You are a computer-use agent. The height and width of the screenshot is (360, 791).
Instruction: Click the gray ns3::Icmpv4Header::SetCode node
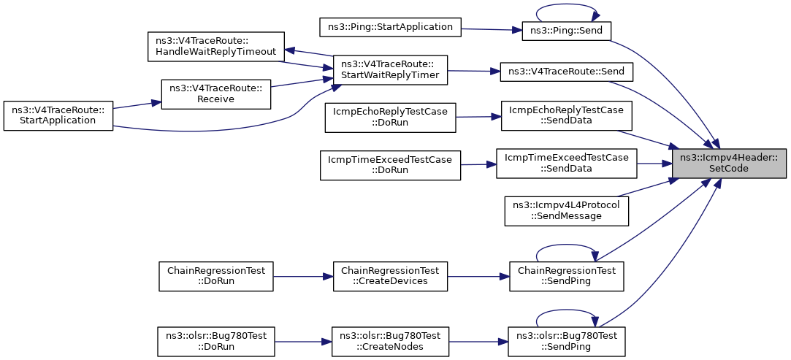click(729, 164)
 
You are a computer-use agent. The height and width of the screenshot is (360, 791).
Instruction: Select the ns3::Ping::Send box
click(567, 31)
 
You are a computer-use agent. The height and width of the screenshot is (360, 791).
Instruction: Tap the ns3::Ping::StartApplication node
click(391, 27)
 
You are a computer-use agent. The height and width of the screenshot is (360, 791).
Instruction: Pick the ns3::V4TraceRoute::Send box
click(565, 72)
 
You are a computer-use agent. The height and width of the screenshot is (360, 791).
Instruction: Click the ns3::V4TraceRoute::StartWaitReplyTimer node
click(390, 69)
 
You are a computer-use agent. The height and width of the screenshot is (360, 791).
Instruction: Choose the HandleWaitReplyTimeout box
click(216, 47)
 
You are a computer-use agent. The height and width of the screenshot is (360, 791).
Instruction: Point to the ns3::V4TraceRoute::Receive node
click(215, 93)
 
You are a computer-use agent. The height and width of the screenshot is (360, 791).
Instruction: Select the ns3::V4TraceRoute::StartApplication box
click(58, 116)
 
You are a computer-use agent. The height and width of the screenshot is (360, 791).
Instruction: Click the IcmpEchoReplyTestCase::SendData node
click(567, 116)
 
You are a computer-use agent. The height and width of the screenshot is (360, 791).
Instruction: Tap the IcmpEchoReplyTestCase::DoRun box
click(391, 118)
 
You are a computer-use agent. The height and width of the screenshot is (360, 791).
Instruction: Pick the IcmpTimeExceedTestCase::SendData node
click(567, 163)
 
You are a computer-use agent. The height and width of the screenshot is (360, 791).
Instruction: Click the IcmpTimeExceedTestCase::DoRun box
click(391, 165)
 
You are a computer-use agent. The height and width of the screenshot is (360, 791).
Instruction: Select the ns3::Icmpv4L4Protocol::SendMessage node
click(567, 211)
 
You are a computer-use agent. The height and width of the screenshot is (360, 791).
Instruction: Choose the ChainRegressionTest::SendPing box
click(567, 276)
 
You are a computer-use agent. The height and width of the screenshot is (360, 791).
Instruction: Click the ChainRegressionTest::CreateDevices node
click(391, 276)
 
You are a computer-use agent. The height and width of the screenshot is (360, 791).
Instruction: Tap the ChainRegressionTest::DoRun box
click(216, 276)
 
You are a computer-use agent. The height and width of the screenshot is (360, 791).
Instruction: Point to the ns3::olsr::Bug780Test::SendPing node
click(567, 341)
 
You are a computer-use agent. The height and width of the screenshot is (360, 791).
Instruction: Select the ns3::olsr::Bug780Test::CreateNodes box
click(390, 341)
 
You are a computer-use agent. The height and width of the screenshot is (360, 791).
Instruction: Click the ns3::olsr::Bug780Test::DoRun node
click(216, 341)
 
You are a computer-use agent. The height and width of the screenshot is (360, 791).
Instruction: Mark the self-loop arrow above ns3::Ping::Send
click(567, 5)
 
